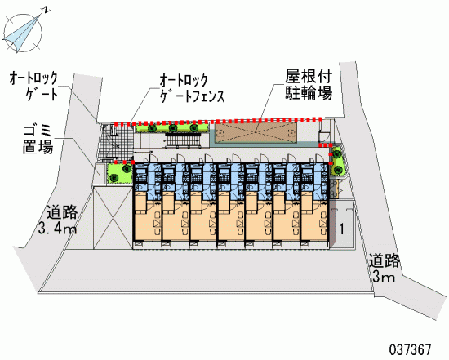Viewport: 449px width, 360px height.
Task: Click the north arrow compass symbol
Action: (22, 33)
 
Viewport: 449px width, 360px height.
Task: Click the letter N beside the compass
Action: (47, 11)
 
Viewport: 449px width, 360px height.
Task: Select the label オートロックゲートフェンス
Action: (192, 88)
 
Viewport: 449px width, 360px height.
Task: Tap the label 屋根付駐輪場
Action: (309, 84)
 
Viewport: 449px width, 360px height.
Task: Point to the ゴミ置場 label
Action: (38, 140)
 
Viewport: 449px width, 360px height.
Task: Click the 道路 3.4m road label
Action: (58, 220)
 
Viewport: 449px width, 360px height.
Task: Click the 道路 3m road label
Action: (384, 268)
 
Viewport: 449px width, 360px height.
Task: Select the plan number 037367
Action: (410, 349)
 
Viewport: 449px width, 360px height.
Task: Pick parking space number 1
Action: (341, 229)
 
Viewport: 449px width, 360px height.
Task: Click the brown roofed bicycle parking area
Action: (256, 132)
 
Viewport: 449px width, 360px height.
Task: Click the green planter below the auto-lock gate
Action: (119, 173)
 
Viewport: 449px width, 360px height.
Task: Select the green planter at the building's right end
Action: (337, 162)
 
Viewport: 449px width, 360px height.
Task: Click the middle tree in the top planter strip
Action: (173, 128)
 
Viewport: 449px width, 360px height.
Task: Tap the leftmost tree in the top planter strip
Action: (152, 128)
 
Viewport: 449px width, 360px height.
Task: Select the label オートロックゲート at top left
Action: (33, 86)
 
